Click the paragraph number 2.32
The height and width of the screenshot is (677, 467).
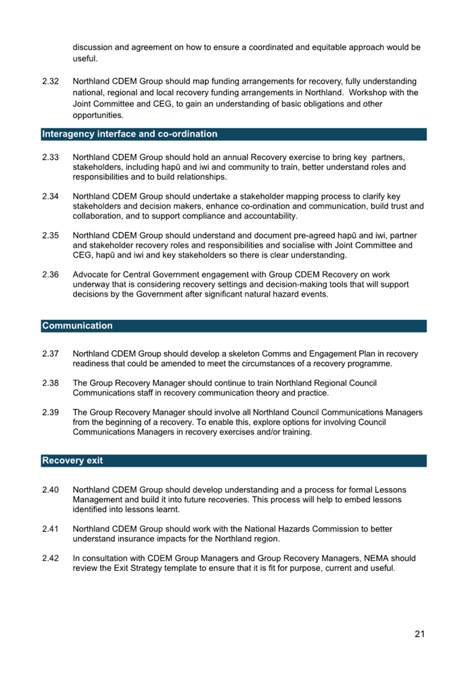point(50,81)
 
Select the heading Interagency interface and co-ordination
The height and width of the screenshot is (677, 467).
point(129,134)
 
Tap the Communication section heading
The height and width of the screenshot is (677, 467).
point(77,326)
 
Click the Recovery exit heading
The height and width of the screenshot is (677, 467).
point(72,461)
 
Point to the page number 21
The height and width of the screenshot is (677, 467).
point(420,634)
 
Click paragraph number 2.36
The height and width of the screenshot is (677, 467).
point(50,274)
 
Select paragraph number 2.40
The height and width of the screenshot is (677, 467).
point(50,490)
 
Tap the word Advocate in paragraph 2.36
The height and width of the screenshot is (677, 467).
point(90,274)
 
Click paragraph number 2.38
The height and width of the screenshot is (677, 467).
point(50,383)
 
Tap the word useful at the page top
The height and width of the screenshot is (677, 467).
point(85,58)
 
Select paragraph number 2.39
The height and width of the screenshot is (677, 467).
point(50,412)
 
